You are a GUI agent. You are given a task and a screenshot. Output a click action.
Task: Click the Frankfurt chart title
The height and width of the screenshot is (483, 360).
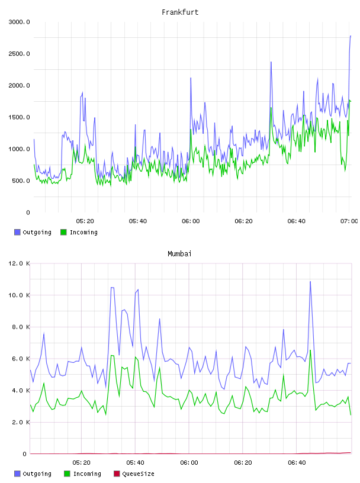click(x=180, y=12)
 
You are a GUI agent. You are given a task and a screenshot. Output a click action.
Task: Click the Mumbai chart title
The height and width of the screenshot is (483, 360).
click(x=179, y=253)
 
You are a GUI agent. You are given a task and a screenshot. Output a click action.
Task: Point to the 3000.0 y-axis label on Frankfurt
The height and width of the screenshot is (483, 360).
click(x=19, y=22)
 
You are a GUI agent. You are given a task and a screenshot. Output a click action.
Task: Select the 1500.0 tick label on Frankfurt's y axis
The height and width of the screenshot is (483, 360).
click(x=19, y=117)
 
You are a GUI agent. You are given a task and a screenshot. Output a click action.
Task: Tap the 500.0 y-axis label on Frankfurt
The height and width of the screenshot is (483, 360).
click(x=21, y=181)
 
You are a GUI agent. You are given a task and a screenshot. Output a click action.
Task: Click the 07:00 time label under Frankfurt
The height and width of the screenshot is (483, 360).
click(x=349, y=221)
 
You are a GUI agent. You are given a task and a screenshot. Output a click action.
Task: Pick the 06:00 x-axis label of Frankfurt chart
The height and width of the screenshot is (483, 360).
click(x=191, y=221)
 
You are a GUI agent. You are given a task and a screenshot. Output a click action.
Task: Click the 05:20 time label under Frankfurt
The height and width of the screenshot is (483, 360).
click(x=85, y=221)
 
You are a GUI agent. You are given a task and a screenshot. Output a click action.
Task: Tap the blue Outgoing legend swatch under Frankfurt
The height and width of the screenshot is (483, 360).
click(x=17, y=232)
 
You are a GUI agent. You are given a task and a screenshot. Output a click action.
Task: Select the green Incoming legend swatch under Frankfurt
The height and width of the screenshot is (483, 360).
click(x=63, y=232)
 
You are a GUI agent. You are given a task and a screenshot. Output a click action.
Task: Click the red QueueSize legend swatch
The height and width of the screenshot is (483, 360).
click(x=117, y=474)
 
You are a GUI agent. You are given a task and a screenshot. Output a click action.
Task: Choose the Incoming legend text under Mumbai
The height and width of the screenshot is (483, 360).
click(x=87, y=474)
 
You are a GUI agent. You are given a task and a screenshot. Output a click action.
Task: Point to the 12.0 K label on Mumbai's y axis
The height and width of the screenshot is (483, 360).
click(x=19, y=263)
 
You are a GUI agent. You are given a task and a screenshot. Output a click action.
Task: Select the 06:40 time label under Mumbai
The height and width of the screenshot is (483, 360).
click(x=297, y=462)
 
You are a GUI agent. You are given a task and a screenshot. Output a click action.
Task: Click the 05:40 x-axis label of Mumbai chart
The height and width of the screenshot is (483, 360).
click(x=136, y=462)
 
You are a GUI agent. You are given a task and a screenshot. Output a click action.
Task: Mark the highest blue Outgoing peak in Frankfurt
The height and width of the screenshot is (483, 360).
click(x=351, y=36)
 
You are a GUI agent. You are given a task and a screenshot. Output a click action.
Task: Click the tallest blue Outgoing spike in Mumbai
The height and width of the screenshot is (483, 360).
click(x=310, y=281)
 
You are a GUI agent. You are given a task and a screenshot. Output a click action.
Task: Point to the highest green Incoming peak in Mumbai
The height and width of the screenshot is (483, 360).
click(x=310, y=350)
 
